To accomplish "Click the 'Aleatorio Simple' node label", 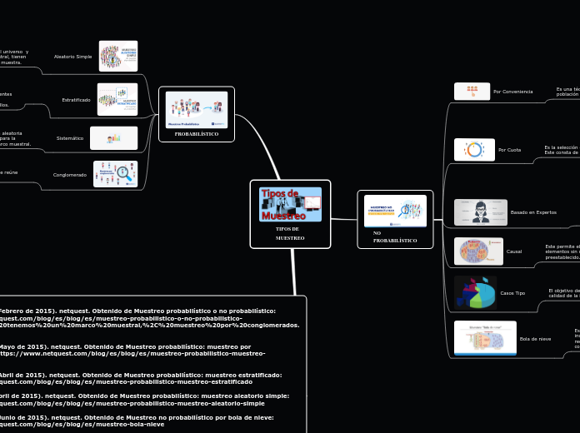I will point(72,57).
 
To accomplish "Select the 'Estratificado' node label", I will point(76,100).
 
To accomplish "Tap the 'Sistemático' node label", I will point(70,138).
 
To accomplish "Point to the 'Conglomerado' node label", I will point(70,175).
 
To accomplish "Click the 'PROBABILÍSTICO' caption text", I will point(197,134).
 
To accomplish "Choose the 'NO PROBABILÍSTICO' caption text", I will point(394,236).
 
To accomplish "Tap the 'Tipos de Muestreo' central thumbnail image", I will point(290,204).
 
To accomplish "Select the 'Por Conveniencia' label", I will point(512,92).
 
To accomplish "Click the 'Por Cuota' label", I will point(509,150).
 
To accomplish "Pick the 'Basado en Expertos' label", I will point(533,212).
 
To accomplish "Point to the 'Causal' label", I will point(514,251).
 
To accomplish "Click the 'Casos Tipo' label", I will point(512,293).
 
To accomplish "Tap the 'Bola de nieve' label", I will point(535,339).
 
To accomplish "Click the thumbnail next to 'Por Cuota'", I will point(474,150).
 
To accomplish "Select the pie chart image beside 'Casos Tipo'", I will point(475,293).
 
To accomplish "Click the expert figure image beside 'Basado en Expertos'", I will point(480,212).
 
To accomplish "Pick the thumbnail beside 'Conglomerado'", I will point(115,174).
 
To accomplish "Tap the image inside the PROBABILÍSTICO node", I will point(197,109).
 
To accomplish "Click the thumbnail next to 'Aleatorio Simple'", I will point(117,56).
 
